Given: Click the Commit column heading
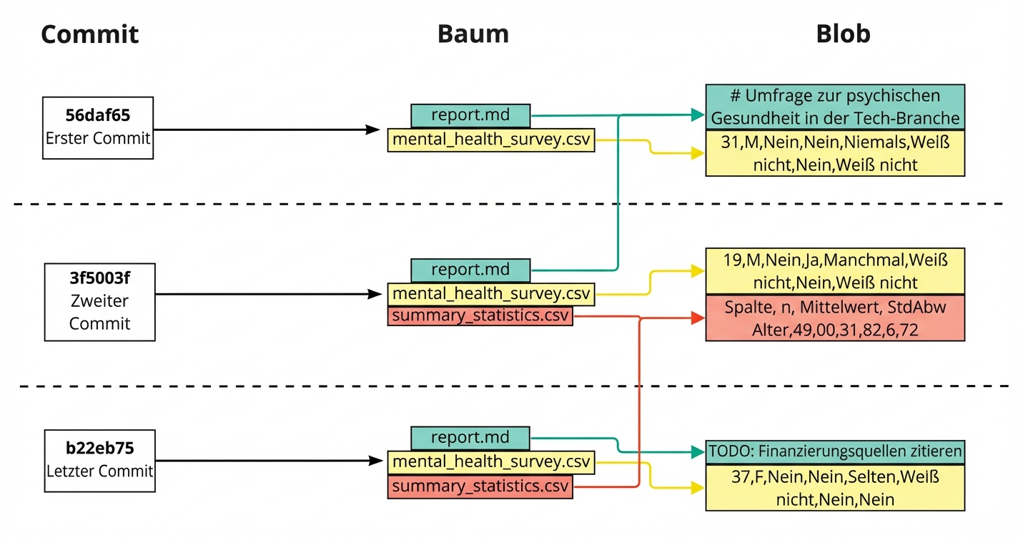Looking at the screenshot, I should (89, 34).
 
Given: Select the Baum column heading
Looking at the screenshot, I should (473, 34).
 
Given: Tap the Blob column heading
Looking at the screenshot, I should (843, 34).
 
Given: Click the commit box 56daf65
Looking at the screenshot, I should (98, 128).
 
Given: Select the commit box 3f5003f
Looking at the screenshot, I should (99, 301).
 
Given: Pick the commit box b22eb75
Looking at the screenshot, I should (99, 460).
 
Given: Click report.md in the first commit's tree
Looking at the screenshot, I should (470, 115).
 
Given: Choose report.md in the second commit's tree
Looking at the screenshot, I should (470, 270).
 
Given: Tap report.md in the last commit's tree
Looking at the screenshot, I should (470, 438).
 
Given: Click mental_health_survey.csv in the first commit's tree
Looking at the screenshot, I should (491, 140).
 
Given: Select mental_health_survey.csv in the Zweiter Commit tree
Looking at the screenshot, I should (491, 294).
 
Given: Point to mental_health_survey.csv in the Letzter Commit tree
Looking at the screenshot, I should (491, 462).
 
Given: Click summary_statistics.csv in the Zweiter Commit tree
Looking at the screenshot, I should (480, 316).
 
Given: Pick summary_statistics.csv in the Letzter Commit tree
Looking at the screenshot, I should (480, 487).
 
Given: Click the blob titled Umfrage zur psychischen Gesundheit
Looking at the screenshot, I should (835, 107).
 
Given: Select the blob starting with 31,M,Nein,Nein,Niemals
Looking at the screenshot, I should (835, 153).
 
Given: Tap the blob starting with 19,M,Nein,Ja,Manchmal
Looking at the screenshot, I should (835, 270).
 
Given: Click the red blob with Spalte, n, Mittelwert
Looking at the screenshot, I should (835, 318).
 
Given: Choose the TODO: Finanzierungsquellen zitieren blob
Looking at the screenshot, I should (835, 451).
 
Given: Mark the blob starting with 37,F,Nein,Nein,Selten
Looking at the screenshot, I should (835, 487).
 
